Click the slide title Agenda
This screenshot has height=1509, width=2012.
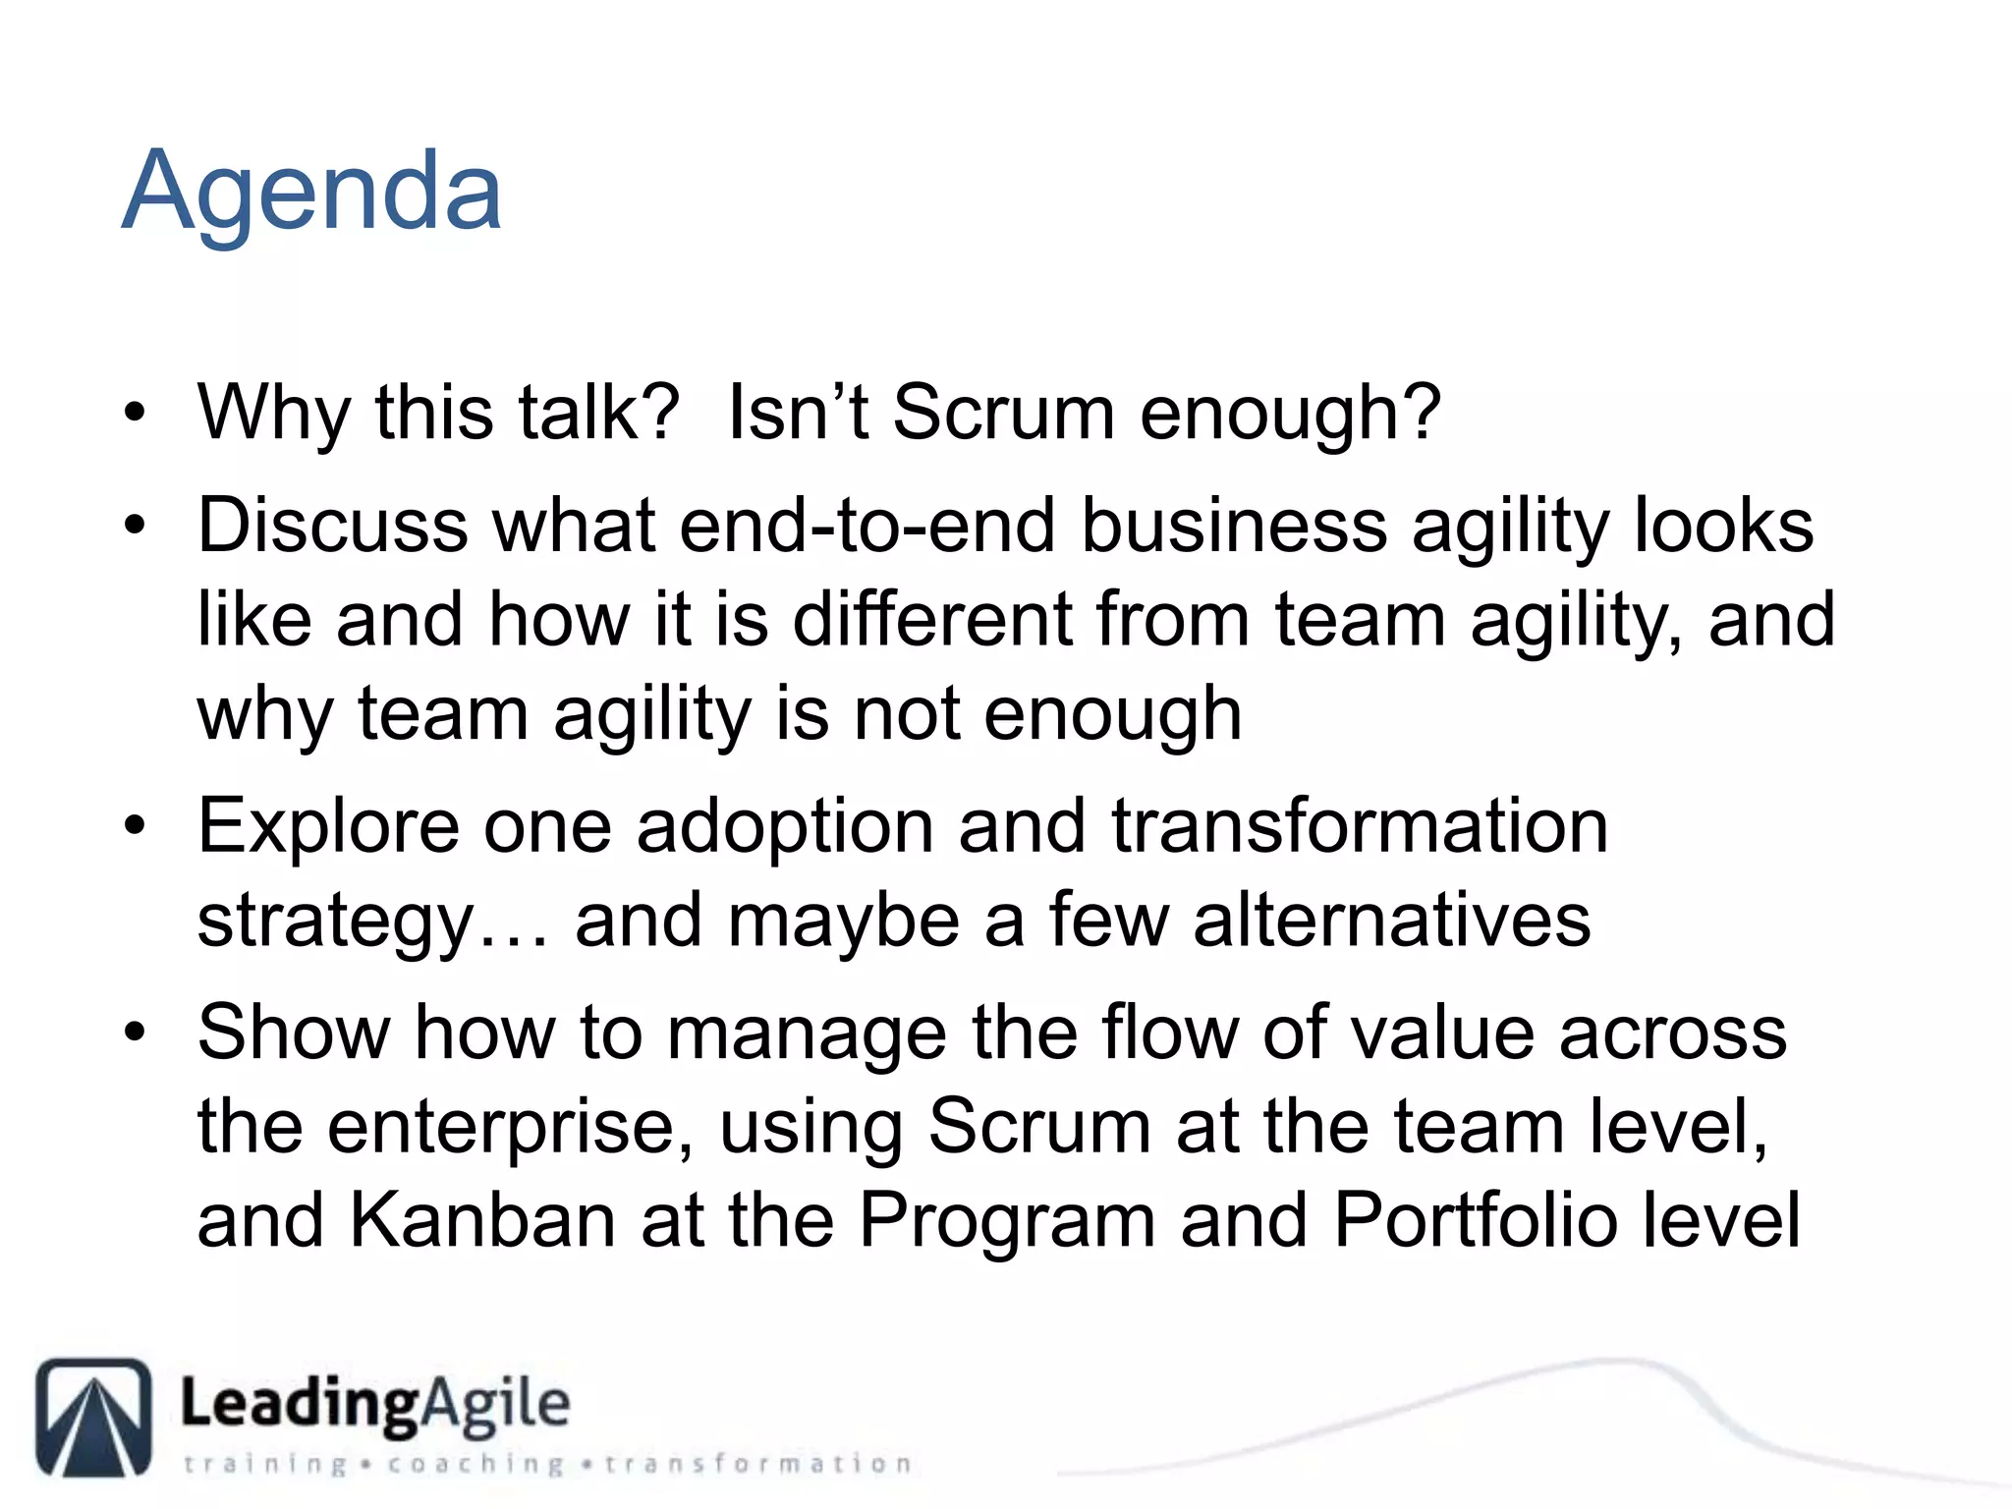(311, 192)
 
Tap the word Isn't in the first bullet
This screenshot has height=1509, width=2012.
(797, 413)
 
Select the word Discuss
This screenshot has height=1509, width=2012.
(332, 526)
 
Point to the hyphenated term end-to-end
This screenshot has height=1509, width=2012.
(866, 526)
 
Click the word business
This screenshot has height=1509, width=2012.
(1234, 526)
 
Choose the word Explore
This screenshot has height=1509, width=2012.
(328, 828)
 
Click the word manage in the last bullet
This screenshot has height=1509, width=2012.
(806, 1034)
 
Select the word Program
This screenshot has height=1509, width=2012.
(1007, 1221)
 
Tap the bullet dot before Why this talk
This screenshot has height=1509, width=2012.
(135, 414)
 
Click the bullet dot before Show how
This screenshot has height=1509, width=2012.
(135, 1034)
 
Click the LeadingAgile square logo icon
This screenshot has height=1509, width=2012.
(94, 1417)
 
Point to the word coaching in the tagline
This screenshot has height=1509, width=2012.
(475, 1464)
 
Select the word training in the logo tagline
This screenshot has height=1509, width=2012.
(265, 1464)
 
